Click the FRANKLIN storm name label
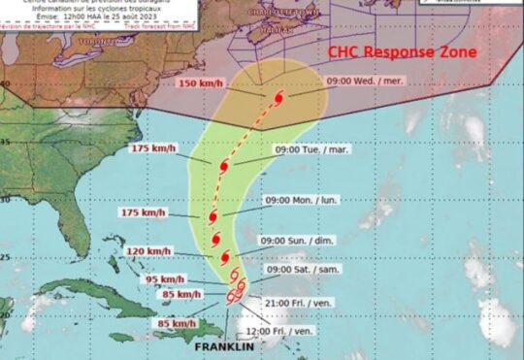click(x=222, y=345)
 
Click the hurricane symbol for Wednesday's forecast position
click(x=278, y=101)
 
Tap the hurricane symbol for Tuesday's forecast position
click(x=225, y=167)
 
